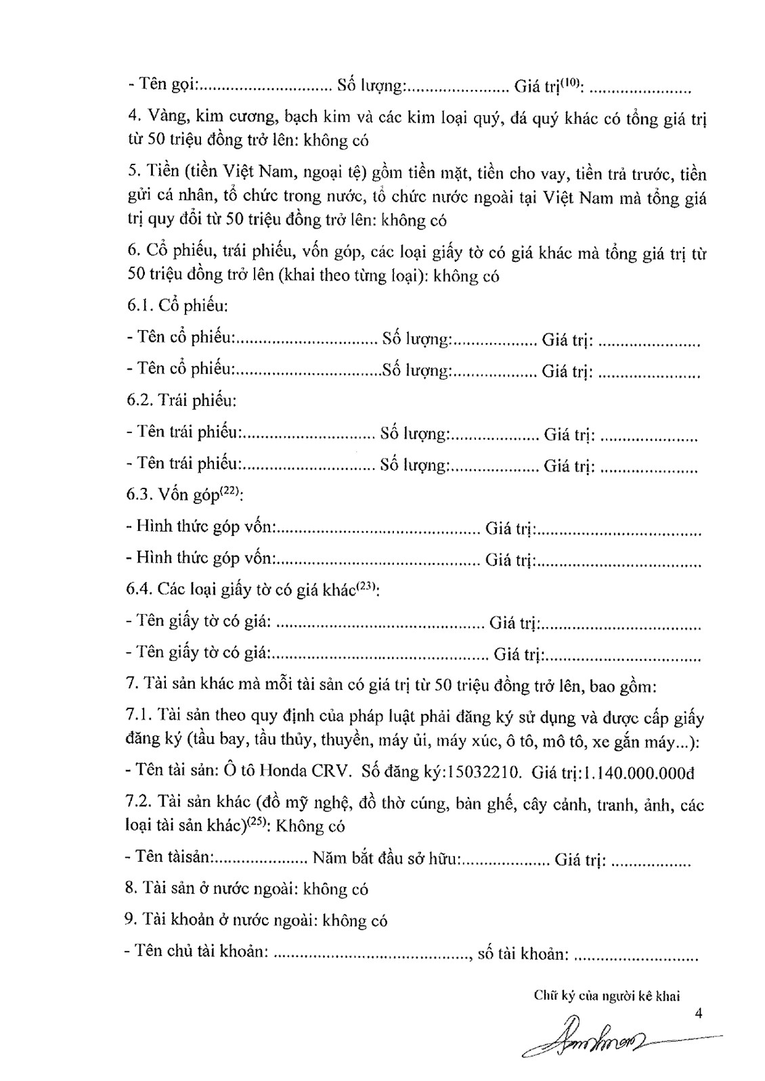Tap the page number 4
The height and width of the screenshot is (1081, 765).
point(700,1013)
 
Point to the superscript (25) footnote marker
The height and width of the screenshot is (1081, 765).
point(255,823)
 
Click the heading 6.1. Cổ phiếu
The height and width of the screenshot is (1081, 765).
point(177,305)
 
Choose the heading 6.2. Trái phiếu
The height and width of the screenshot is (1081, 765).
point(181,400)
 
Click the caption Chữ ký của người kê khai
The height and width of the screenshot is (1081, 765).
point(606,995)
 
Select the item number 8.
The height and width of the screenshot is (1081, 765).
point(131,888)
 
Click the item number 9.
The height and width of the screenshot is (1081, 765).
point(131,920)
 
